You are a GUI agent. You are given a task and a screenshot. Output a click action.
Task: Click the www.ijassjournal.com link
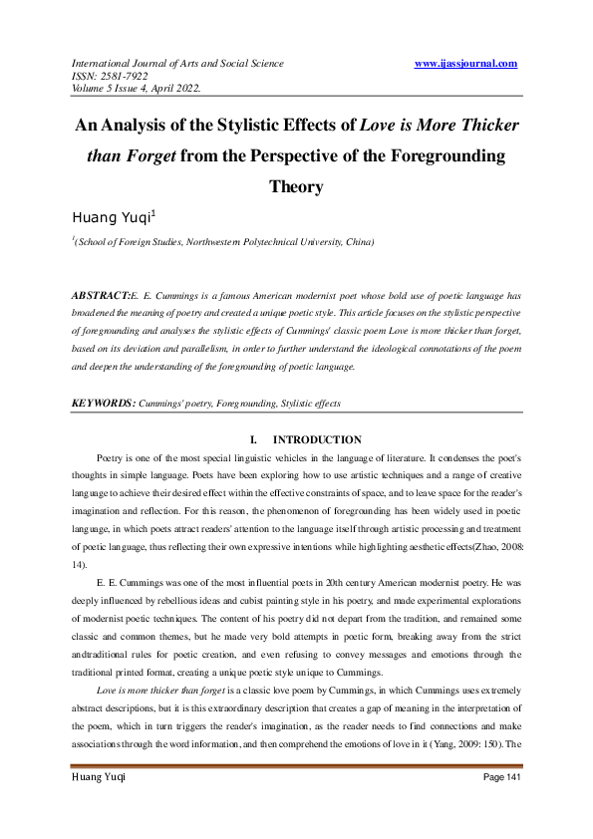tap(464, 64)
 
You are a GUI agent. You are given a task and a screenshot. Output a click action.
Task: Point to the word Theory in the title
tap(296, 186)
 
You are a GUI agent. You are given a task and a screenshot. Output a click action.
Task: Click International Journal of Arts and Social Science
tap(176, 64)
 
